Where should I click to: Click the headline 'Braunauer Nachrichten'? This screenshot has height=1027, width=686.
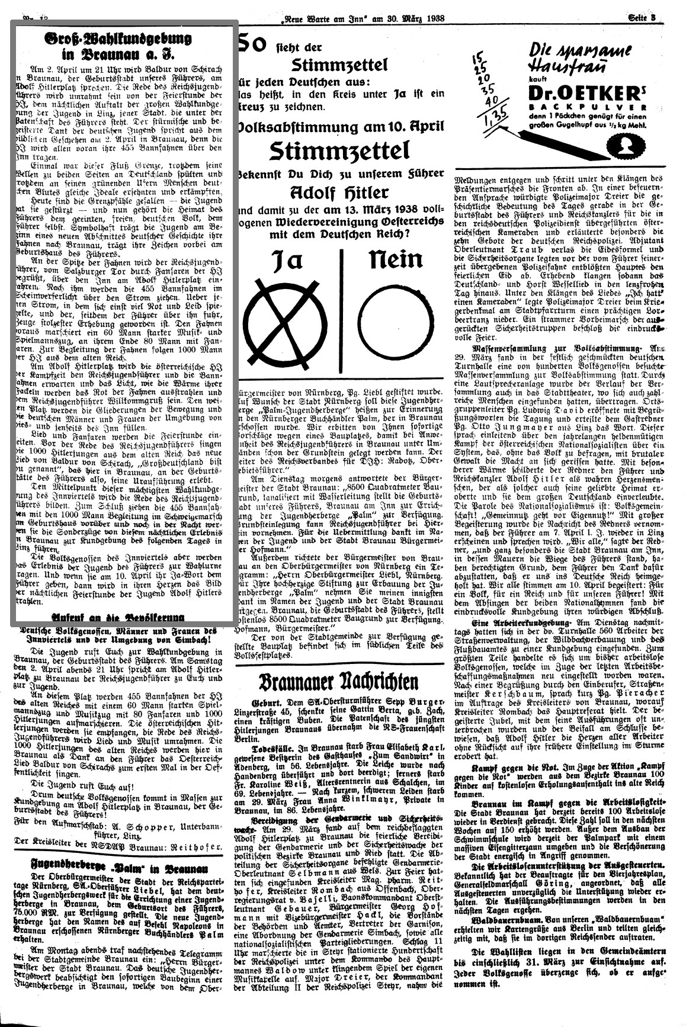338,681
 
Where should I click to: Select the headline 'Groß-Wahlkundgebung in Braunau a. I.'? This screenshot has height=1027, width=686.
118,46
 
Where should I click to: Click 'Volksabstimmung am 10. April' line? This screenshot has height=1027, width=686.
339,127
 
